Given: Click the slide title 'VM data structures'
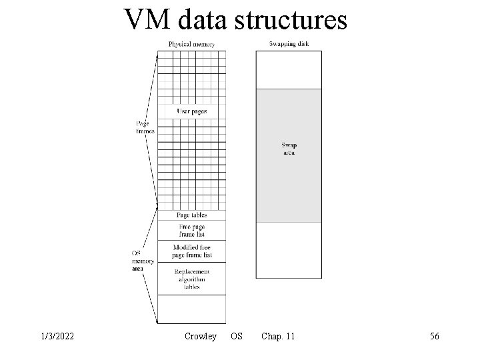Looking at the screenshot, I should [x=235, y=20].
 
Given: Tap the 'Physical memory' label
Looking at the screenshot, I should [x=191, y=45].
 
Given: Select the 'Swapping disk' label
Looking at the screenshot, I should [x=289, y=45].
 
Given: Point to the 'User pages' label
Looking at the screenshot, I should [x=191, y=111].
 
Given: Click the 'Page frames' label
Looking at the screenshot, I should [x=144, y=127].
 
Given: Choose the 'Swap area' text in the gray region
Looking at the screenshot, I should [x=289, y=149].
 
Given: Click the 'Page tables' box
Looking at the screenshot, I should [x=191, y=215].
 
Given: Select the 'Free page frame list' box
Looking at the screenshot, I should [x=191, y=231].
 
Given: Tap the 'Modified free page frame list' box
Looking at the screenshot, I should [x=191, y=251].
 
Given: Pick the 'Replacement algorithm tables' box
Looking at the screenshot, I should [x=191, y=279].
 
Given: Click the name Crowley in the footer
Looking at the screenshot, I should [x=200, y=337].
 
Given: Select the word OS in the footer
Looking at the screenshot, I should [x=237, y=337].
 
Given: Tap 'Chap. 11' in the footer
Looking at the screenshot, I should [x=278, y=337].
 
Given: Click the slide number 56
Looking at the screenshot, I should [x=434, y=337].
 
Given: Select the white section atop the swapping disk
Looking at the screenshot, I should [x=289, y=69].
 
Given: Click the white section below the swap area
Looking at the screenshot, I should [x=289, y=249].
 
